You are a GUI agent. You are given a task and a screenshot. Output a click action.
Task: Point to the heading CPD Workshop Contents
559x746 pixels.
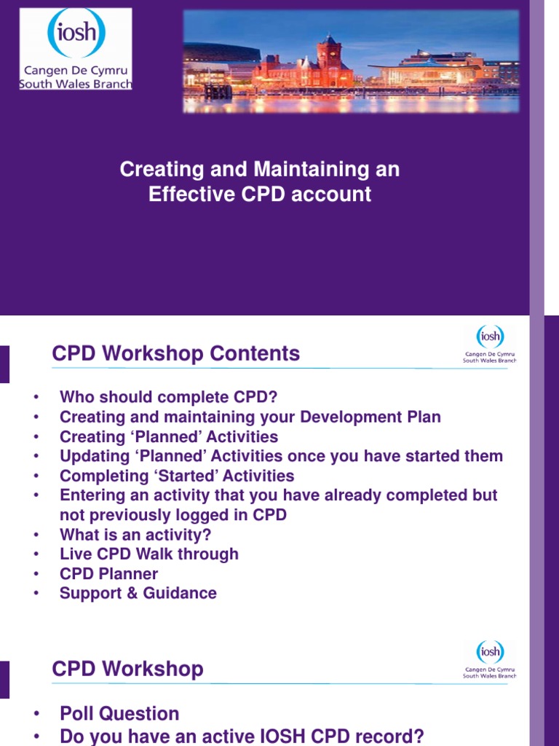(175, 354)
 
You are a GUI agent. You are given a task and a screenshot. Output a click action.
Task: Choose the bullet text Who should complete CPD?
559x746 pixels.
(168, 397)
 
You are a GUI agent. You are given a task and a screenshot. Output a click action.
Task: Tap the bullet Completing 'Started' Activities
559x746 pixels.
(177, 476)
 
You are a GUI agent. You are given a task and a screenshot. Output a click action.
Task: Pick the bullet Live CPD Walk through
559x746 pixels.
(148, 554)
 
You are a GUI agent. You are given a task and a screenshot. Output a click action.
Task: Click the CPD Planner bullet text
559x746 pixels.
(108, 574)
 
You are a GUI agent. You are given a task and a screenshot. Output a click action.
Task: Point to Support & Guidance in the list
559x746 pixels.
(138, 594)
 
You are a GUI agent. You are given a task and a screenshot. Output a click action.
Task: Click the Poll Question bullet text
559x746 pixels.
(119, 714)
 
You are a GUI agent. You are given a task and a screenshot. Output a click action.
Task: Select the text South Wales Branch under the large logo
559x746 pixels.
(76, 85)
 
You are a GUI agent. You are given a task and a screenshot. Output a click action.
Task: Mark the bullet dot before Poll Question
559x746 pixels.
(35, 715)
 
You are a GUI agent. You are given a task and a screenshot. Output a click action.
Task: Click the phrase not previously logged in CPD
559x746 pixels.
(173, 515)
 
